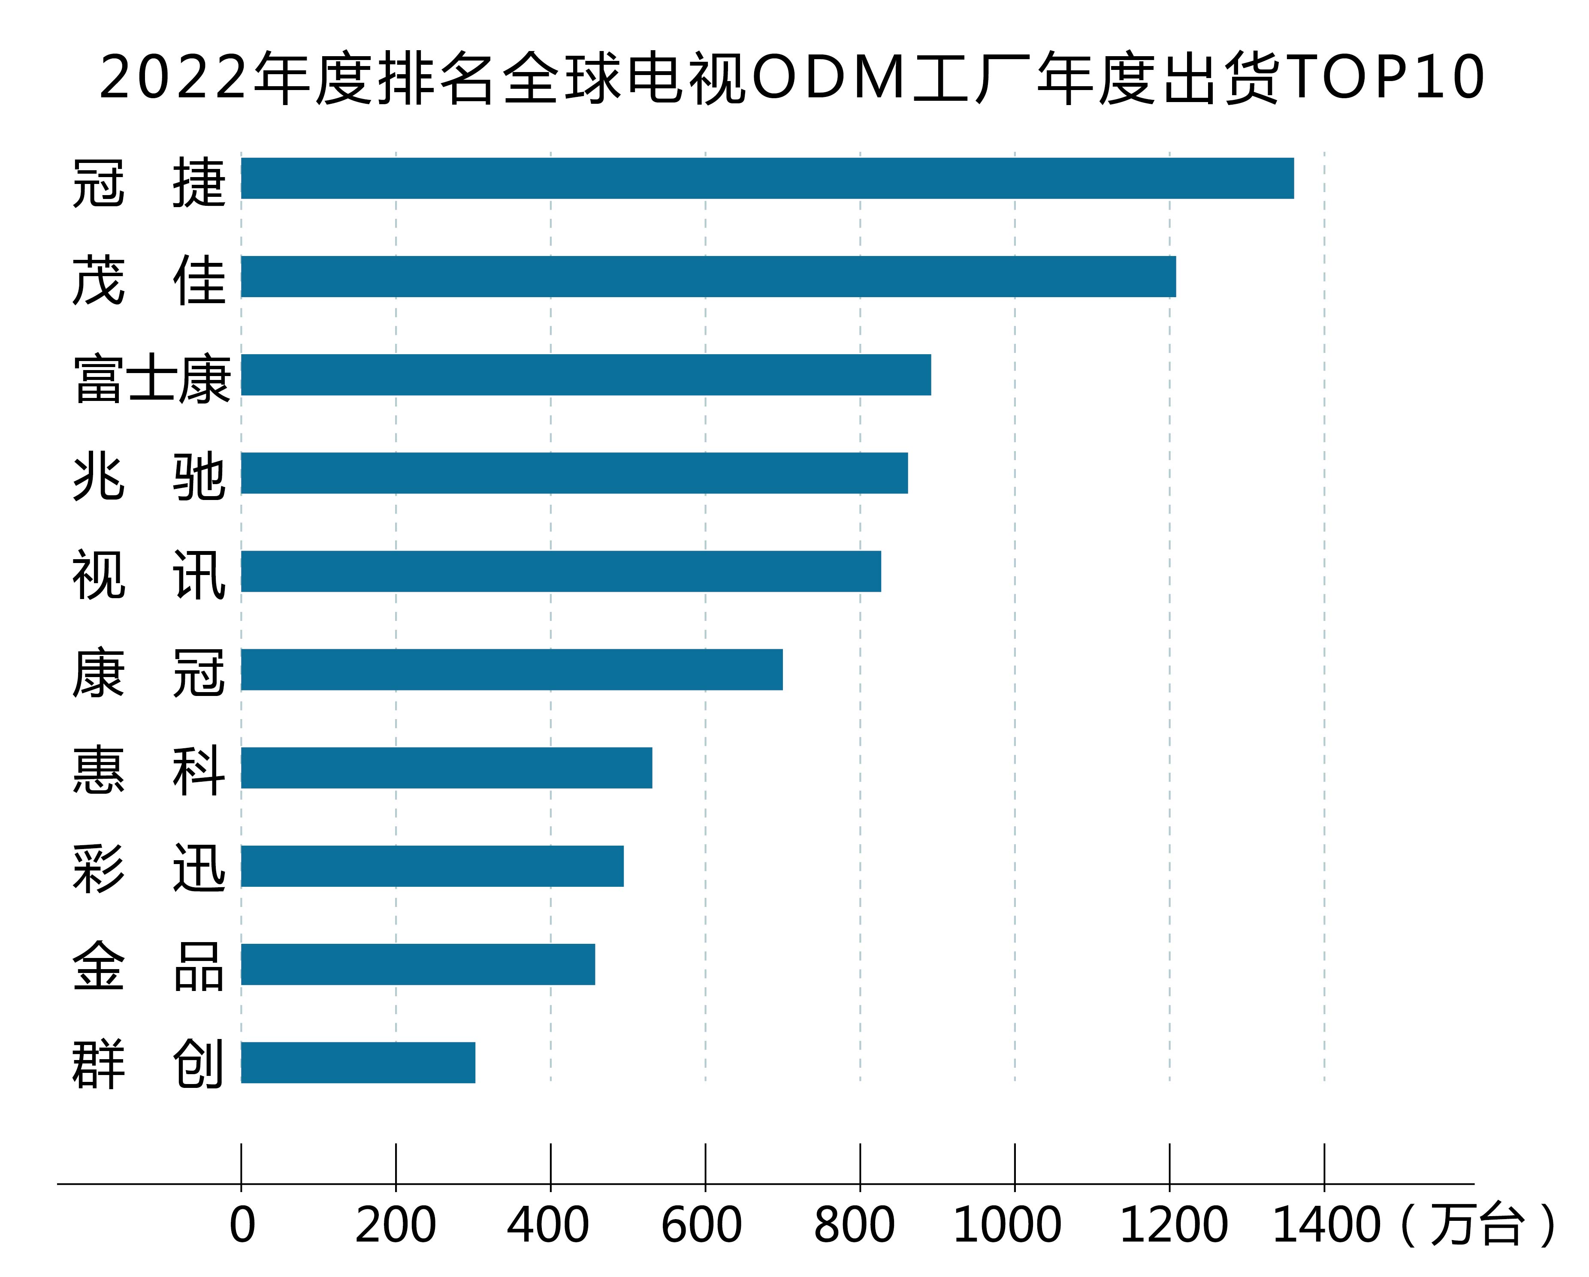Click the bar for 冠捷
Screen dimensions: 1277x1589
click(x=767, y=178)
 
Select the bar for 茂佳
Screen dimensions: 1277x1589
click(x=707, y=276)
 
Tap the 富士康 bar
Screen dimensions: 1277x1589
click(x=586, y=374)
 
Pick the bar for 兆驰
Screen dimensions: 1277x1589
click(x=574, y=473)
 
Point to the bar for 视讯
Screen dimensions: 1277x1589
click(x=561, y=571)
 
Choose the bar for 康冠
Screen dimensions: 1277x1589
click(x=511, y=669)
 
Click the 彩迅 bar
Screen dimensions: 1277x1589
click(x=432, y=866)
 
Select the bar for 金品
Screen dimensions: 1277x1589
click(x=418, y=964)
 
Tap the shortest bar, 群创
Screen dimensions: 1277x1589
click(x=358, y=1063)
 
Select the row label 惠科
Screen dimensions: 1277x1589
click(x=148, y=770)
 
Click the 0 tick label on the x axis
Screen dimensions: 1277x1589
click(x=242, y=1225)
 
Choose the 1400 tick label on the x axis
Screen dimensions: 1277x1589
click(x=1326, y=1225)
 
